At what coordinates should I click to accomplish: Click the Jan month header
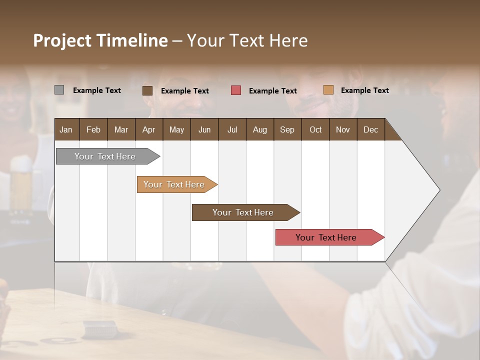coord(66,130)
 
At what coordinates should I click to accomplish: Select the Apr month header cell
coord(148,130)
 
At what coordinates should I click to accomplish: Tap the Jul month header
coord(232,130)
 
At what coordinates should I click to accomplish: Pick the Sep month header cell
coord(287,130)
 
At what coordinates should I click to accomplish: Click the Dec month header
coord(370,130)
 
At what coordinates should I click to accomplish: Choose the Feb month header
coord(93,130)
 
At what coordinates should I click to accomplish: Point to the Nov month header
coord(342,130)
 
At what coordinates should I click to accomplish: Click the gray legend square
coord(59,90)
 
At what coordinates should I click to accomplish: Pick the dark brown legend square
coord(147,90)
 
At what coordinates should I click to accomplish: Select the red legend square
coord(236,90)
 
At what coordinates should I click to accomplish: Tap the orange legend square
coord(328,90)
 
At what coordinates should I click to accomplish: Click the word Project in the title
coord(61,40)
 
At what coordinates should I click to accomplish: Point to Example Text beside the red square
coord(272,91)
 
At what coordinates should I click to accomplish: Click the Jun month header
coord(204,130)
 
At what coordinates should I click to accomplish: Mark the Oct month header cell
coord(315,130)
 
